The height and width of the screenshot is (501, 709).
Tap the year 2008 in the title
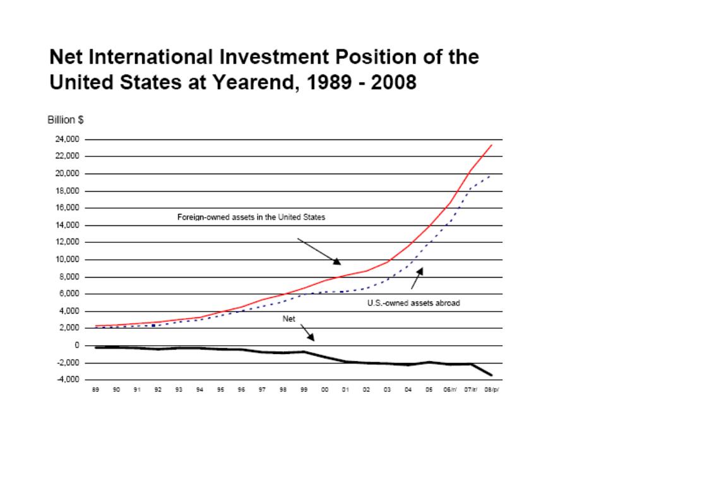393,82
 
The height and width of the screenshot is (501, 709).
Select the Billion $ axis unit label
66,120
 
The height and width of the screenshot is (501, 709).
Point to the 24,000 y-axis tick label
68,139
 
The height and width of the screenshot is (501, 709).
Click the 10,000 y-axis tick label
68,259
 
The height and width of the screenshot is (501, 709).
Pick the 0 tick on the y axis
77,345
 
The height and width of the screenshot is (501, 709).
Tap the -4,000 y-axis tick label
68,379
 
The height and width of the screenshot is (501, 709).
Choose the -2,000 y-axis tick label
68,362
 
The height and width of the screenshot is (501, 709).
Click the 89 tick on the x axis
95,389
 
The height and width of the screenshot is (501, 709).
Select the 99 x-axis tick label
304,389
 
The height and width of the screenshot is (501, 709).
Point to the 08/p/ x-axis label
492,389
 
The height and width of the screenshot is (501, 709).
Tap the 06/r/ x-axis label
450,389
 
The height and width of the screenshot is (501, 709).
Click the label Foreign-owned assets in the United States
251,217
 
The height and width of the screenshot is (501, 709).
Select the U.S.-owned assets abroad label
414,303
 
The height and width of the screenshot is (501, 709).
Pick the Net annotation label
289,319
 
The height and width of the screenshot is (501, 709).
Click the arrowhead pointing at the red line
337,261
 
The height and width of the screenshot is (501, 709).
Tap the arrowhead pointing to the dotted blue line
420,271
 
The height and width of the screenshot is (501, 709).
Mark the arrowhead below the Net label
311,337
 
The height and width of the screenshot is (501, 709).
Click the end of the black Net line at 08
491,375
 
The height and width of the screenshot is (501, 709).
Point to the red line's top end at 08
492,145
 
